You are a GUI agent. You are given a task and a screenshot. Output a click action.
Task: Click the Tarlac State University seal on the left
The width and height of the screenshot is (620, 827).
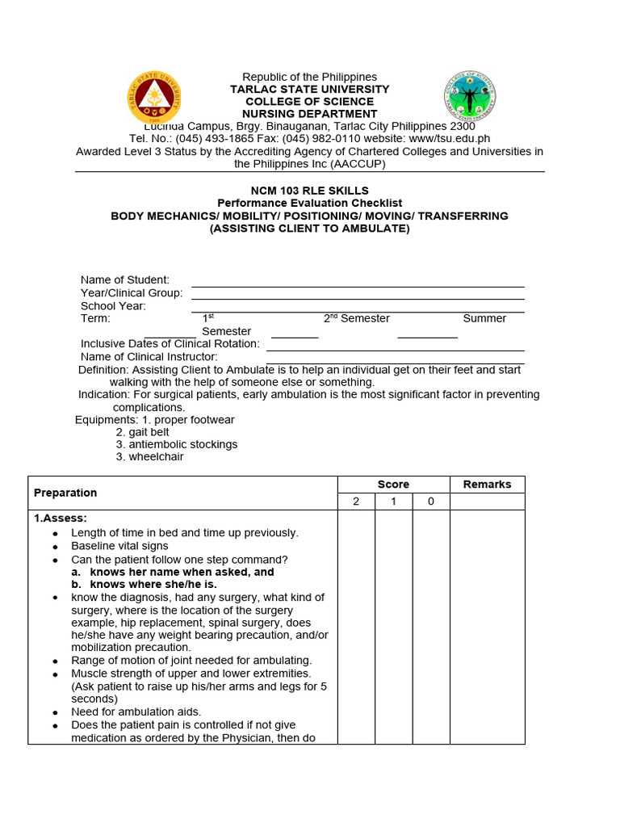tap(154, 98)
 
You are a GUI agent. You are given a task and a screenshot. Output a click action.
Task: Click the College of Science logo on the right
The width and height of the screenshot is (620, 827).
tap(470, 96)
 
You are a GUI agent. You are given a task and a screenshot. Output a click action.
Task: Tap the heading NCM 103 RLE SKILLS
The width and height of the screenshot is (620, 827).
tap(309, 191)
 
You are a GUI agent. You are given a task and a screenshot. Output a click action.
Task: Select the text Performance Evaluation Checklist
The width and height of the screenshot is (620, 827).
tap(309, 204)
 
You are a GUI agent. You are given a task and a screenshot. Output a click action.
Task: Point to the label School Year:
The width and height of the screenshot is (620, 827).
tap(113, 306)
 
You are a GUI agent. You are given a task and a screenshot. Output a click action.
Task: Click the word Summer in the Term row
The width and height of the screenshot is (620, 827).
tap(484, 318)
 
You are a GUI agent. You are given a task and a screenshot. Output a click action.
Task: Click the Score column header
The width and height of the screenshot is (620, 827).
tap(393, 485)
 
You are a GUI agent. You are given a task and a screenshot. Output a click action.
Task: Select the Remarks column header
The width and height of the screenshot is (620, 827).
tap(487, 485)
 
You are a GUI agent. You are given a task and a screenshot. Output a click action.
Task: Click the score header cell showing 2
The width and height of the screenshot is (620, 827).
tap(356, 502)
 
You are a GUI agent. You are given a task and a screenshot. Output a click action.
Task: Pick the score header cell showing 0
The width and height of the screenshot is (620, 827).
tap(431, 502)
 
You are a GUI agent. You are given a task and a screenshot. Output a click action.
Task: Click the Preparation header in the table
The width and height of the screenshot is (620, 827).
tap(65, 493)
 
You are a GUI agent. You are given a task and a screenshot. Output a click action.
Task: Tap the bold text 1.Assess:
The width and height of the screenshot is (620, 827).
tap(61, 518)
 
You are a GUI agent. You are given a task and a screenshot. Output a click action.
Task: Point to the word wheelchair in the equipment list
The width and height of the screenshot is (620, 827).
tap(156, 456)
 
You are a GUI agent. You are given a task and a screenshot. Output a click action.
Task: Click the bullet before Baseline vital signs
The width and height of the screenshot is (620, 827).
tap(55, 547)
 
